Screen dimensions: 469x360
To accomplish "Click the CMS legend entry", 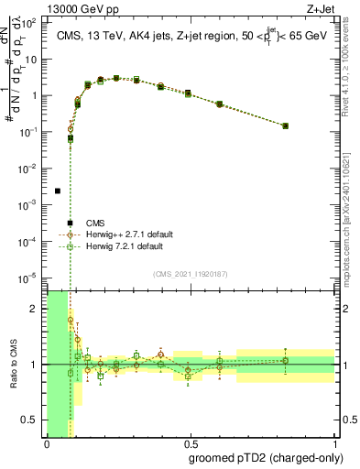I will (x=95, y=223).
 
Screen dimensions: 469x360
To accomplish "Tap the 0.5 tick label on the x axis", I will (x=191, y=444).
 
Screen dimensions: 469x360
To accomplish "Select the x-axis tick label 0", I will (x=47, y=444).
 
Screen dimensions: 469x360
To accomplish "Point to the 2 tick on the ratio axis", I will (x=34, y=309).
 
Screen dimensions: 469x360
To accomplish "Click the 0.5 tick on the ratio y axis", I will (x=31, y=420).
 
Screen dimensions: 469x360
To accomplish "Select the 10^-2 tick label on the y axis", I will (x=31, y=168).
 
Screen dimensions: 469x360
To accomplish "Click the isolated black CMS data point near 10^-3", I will (x=58, y=191).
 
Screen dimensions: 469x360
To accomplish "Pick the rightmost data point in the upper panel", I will (x=286, y=125).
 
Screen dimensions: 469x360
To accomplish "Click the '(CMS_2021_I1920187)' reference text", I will (x=191, y=273).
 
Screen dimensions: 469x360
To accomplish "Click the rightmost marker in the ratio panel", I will (x=286, y=360).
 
